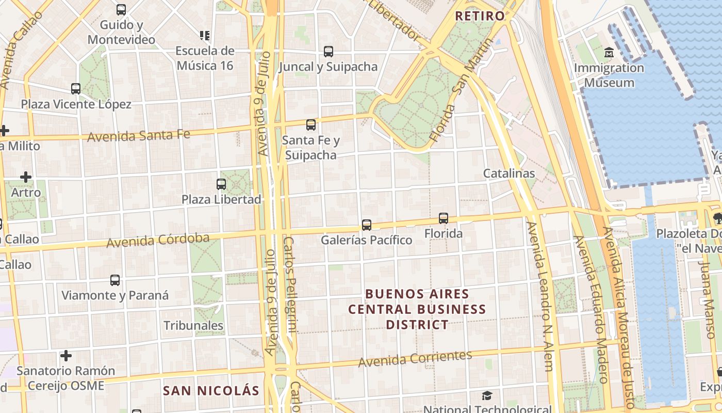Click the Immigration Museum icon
click(x=609, y=52)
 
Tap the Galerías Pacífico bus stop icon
click(x=367, y=225)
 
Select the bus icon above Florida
click(x=444, y=218)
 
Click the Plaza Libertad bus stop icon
click(x=221, y=184)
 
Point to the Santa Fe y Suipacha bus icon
click(x=310, y=124)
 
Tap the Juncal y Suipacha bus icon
click(x=329, y=51)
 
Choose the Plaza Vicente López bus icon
click(x=76, y=88)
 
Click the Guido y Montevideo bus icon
click(x=121, y=9)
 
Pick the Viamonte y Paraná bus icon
click(x=115, y=280)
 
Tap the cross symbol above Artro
click(x=26, y=177)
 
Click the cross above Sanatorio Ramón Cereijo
click(x=65, y=356)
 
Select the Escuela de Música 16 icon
click(x=205, y=35)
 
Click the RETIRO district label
click(x=480, y=15)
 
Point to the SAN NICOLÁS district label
click(x=211, y=390)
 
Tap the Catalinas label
click(x=508, y=173)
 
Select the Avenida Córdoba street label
click(x=158, y=240)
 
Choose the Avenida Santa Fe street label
click(x=139, y=136)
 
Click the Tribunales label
click(x=193, y=325)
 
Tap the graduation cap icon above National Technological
click(x=487, y=396)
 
